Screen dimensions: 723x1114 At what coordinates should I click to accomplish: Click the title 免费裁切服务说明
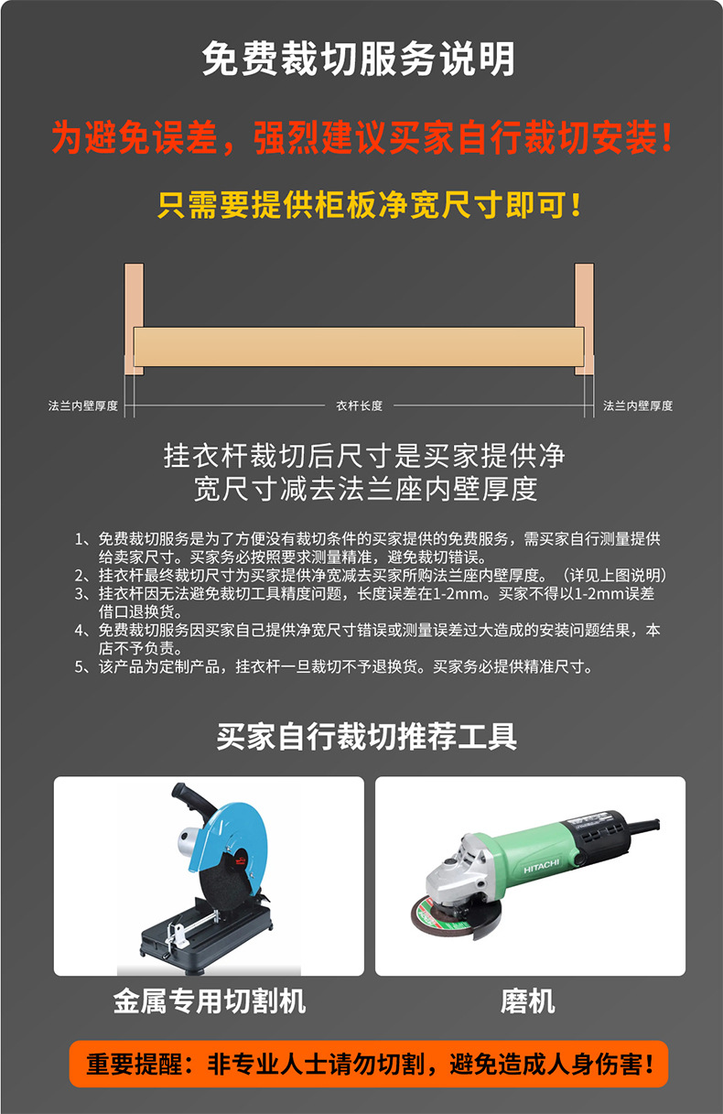point(358,59)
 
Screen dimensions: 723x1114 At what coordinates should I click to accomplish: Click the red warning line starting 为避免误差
point(362,137)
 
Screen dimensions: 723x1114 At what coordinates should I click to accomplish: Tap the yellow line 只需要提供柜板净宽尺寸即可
point(369,205)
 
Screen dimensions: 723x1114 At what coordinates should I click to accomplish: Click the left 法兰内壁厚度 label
point(83,406)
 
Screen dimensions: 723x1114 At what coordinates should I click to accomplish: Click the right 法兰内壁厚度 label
point(638,406)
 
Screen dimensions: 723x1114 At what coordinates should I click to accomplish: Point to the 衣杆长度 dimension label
point(359,406)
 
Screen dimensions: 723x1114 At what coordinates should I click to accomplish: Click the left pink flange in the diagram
point(134,319)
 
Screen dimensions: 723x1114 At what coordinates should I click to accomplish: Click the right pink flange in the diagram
point(584,319)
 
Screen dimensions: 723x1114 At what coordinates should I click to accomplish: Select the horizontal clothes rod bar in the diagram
point(359,347)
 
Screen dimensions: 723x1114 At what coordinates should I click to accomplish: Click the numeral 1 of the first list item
point(79,539)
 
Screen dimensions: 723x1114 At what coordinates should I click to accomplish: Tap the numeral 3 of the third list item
point(79,594)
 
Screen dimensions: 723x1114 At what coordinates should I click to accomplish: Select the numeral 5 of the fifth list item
point(79,667)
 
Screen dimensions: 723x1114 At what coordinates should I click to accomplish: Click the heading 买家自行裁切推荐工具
point(367,737)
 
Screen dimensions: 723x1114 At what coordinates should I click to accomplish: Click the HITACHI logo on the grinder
point(542,866)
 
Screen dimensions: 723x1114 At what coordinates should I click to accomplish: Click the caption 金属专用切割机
point(210,1000)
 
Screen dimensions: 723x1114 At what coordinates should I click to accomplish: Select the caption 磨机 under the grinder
point(528,1000)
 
